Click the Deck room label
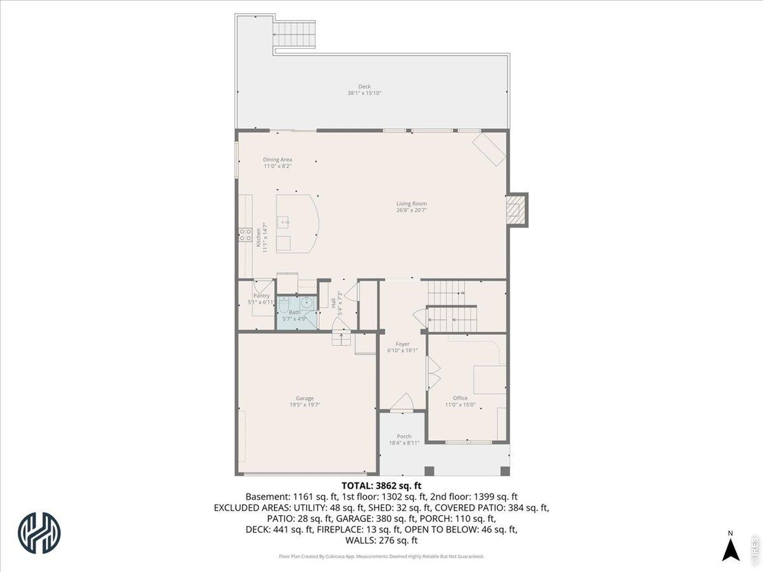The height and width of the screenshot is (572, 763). point(364,86)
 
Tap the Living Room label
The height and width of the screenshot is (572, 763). point(411,204)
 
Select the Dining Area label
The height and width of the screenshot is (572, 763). point(278,160)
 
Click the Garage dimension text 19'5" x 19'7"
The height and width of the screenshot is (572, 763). point(305,405)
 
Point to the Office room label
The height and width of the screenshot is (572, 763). point(460,398)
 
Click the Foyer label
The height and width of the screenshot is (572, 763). point(402,344)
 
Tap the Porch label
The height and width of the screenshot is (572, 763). point(404,436)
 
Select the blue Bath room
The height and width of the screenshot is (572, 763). point(296,312)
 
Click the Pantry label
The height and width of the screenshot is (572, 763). point(261,296)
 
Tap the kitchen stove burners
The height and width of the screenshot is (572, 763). point(245,235)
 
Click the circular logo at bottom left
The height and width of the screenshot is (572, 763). point(40,528)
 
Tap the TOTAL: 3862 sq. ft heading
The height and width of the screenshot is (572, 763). point(381,486)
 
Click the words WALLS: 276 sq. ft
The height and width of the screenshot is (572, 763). point(381,540)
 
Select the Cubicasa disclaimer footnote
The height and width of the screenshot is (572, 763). point(381,557)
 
